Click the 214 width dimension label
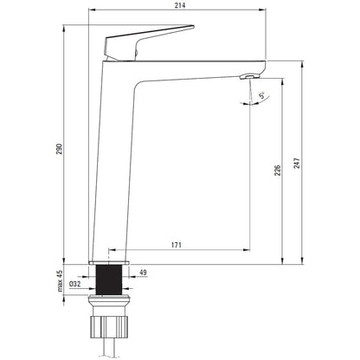coord(180,5)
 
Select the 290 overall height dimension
coord(59,149)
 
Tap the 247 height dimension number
coord(297,164)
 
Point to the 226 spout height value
coord(277,170)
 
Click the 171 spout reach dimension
coord(177,245)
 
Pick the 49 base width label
coord(143,273)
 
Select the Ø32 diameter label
coord(74,284)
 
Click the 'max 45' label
coord(60,281)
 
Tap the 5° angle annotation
coord(262,95)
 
